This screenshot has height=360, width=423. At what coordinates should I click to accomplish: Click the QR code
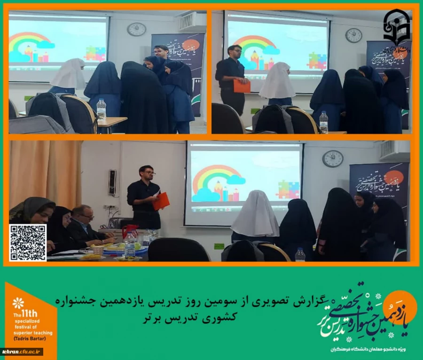click(28, 243)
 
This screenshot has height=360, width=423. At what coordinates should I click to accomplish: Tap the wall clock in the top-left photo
click(136, 29)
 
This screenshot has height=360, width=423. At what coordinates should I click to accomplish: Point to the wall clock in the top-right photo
click(353, 35)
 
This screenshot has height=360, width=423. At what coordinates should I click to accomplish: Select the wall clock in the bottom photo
click(333, 158)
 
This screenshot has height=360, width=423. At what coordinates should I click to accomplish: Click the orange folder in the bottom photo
click(161, 201)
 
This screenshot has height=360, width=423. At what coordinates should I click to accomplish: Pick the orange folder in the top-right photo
click(242, 86)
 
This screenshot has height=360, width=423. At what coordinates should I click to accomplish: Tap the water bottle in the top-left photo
click(101, 110)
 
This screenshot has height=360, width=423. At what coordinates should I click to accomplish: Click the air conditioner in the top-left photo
click(192, 21)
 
